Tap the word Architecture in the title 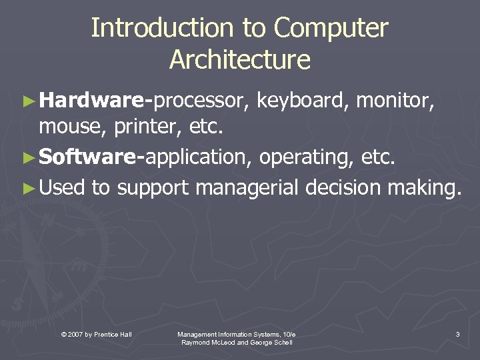pos(240,59)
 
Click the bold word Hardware pos(91,101)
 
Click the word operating pos(307,157)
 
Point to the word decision pos(344,187)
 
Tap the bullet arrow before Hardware pos(28,101)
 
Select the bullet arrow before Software pos(28,157)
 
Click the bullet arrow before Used pos(28,187)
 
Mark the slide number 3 pos(457,333)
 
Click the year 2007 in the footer pos(75,333)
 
